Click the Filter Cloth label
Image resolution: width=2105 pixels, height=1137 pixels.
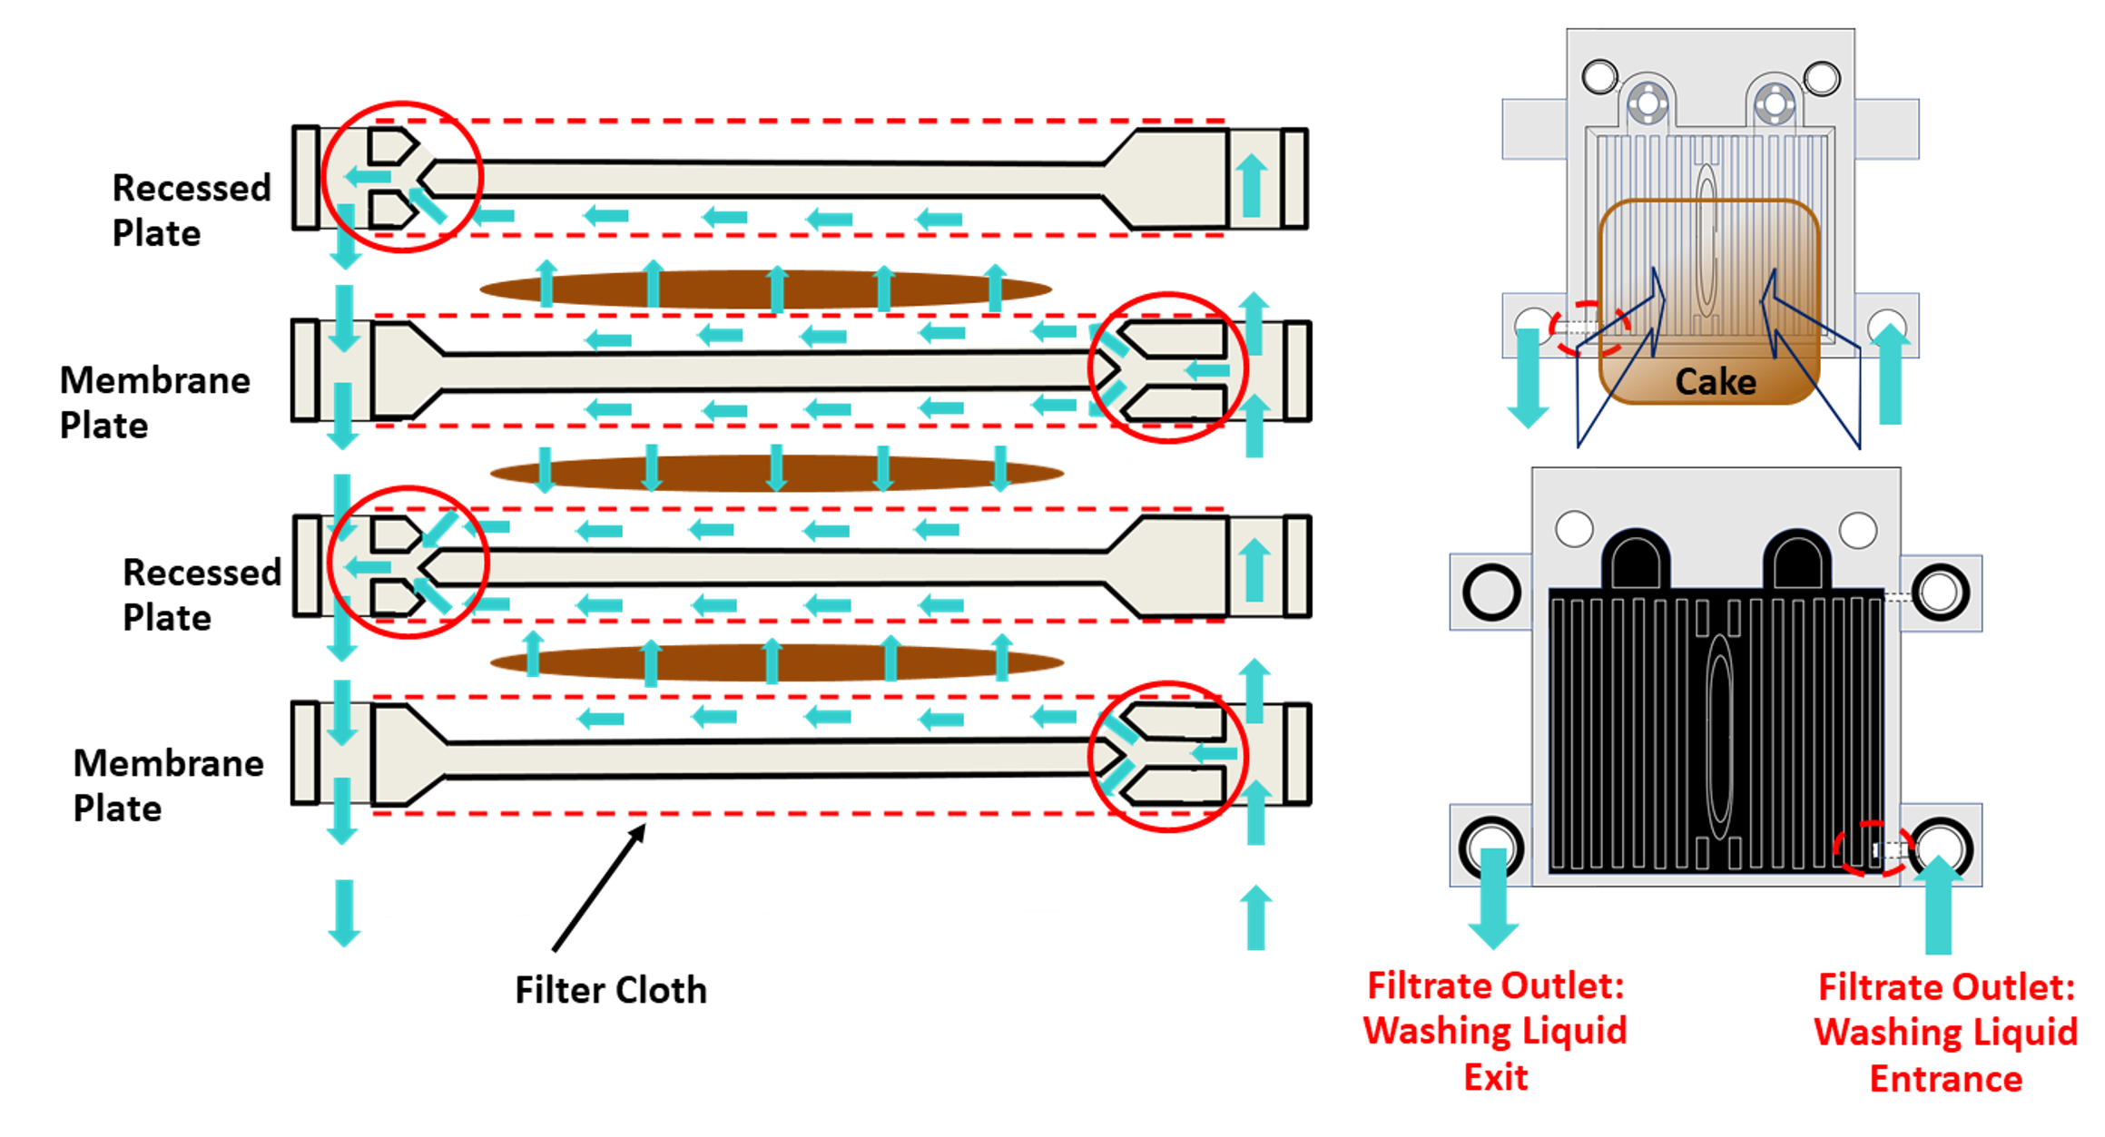pos(610,990)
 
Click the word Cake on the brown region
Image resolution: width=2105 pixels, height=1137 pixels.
pos(1715,382)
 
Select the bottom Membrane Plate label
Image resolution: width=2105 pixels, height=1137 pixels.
pos(168,785)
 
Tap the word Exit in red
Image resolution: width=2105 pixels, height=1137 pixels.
pos(1495,1078)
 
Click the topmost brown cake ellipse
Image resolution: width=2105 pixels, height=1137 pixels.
pos(765,290)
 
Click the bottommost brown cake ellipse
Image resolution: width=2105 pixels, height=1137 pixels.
pos(776,663)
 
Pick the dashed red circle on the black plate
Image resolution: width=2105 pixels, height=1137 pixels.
pos(1872,848)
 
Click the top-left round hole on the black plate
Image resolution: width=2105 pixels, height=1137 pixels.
pos(1574,529)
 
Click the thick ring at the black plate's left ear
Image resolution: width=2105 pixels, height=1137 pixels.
pos(1491,593)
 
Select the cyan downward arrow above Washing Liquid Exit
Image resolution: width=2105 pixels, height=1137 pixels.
pos(1493,898)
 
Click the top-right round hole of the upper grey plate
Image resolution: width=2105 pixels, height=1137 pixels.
pos(1821,78)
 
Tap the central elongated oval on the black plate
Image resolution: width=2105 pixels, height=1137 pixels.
pos(1719,735)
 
